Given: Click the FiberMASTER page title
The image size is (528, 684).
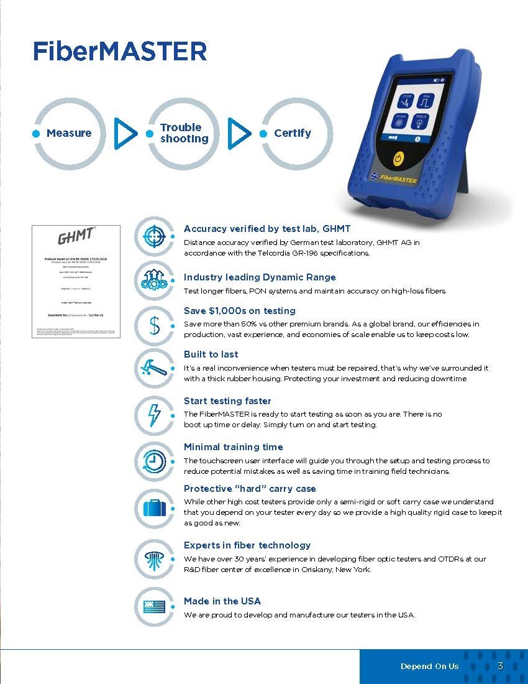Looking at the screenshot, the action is coord(120,51).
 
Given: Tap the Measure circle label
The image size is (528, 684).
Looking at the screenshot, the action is coord(69,133).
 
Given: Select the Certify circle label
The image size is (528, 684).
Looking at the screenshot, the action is coord(293,133).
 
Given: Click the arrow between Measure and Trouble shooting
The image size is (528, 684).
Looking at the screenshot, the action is coord(126,132).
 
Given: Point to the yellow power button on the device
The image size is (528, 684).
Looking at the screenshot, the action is coord(399,158).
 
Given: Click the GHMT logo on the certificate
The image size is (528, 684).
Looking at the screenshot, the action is coord(76,237).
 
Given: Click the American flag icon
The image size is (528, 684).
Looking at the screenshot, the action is coord(153,606).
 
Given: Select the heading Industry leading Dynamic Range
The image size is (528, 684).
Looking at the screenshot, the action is coord(260,277).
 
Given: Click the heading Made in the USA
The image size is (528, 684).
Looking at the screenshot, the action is coord(222,601).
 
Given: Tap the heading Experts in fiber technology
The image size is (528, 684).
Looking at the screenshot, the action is coord(247,545).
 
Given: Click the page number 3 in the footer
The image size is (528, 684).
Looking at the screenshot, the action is coord(500,666).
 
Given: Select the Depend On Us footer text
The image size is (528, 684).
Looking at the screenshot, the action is coord(429,667).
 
